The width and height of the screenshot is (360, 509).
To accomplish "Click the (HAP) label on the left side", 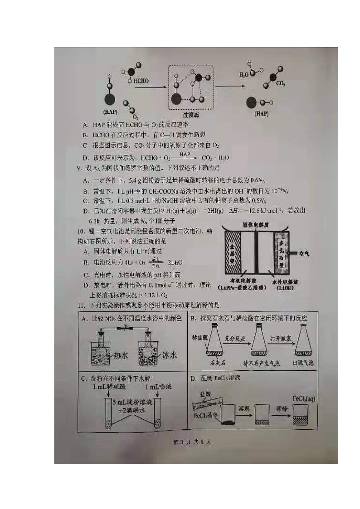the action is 111,111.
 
